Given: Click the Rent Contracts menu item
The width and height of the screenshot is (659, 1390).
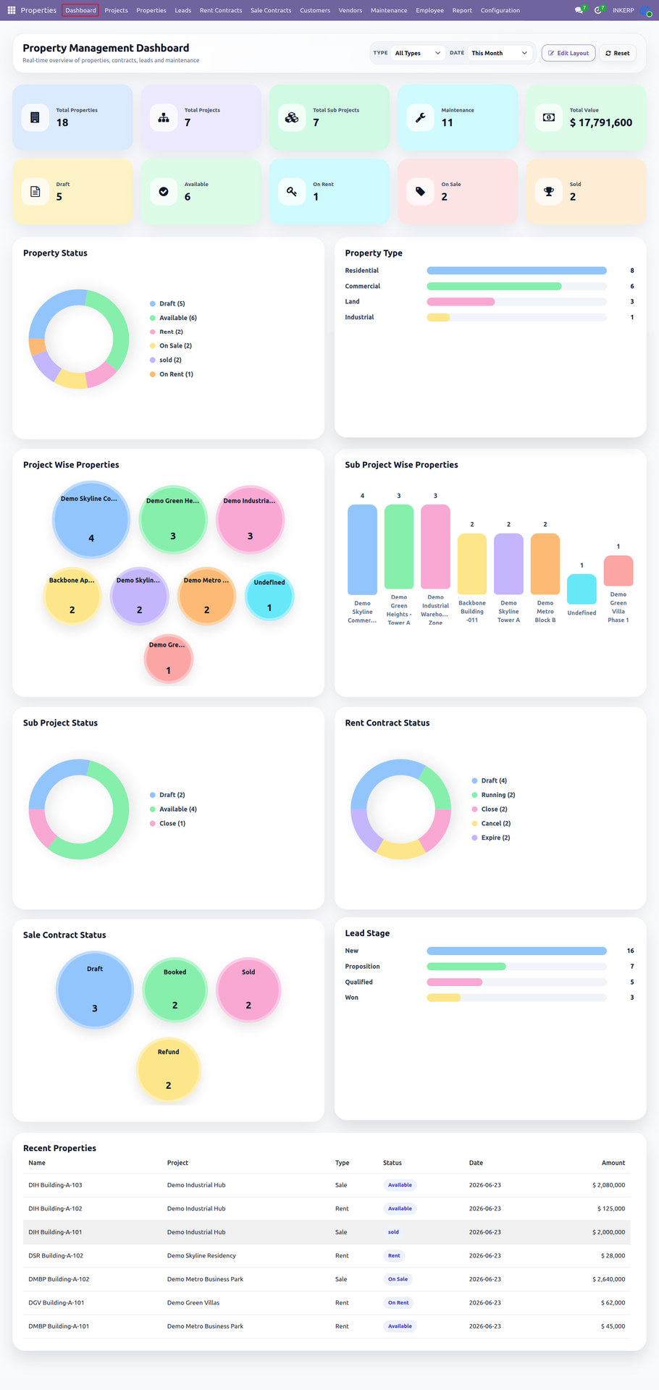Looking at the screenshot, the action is click(221, 10).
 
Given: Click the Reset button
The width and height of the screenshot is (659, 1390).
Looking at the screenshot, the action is click(618, 53).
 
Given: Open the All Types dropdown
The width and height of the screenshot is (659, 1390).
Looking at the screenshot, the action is click(418, 53).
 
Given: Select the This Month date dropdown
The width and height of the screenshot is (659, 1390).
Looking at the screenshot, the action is click(500, 53).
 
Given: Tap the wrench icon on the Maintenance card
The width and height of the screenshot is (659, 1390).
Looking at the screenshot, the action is click(420, 117).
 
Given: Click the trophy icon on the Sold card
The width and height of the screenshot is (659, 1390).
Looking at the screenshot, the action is click(549, 192).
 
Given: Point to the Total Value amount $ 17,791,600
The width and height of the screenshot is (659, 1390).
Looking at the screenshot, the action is click(601, 122).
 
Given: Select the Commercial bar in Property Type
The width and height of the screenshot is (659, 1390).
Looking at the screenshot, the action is click(494, 286).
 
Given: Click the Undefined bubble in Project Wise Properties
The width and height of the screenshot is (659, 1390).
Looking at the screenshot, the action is click(269, 597).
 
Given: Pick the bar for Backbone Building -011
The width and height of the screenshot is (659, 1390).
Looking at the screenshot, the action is click(472, 564).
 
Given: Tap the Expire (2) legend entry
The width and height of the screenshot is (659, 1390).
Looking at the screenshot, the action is click(491, 838).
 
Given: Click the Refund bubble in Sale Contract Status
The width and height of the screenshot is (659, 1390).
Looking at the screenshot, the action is click(168, 1069).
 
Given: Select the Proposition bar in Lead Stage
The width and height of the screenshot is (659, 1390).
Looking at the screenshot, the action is click(466, 966).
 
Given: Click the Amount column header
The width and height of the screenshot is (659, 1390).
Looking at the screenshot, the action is click(613, 1163).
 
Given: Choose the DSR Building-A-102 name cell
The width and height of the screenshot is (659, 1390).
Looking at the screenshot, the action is click(56, 1255).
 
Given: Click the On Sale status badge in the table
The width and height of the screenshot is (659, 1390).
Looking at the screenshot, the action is click(398, 1279).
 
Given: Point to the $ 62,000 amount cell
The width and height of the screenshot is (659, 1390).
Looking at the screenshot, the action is click(613, 1302).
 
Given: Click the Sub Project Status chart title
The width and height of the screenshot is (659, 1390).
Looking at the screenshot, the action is click(60, 723).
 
